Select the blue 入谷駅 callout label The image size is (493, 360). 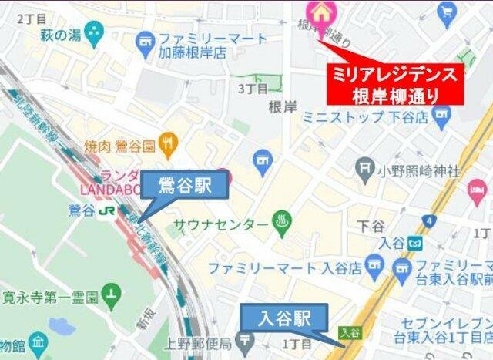coord(284,318)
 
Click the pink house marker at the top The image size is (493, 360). coord(318,12)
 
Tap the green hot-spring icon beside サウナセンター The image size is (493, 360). coord(281,224)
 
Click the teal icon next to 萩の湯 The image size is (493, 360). coord(94,33)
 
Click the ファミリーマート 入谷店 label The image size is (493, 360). coord(285,269)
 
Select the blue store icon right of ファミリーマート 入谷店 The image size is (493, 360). coord(375,269)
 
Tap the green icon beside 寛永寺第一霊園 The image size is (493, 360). coord(113,294)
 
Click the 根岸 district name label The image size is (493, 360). coord(281,107)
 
